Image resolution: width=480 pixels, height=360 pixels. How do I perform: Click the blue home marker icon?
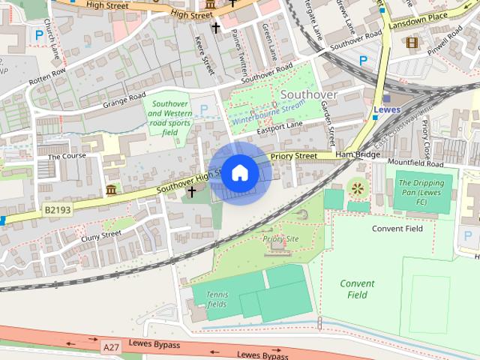pos(239,173)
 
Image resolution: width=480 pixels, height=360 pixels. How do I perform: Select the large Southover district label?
pos(309,95)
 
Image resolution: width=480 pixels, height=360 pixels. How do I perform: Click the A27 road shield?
pos(111,346)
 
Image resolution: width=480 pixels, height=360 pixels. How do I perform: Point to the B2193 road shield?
pos(57,210)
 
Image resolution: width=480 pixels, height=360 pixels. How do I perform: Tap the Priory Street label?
pos(293,156)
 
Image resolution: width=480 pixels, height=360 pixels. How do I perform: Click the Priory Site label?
pos(281,238)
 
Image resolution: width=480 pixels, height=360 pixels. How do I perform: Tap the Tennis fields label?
pos(217,300)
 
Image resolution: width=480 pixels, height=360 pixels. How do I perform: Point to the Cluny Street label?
pos(100,234)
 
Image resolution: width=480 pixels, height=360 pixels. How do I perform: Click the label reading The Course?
pos(67,156)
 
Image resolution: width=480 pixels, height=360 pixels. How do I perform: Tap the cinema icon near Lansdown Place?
pos(411,42)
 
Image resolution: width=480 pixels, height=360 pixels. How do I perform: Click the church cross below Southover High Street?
pos(191,192)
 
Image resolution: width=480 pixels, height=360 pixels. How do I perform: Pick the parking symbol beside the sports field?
pos(203,110)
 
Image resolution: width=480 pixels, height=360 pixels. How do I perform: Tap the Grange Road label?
pos(124,97)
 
